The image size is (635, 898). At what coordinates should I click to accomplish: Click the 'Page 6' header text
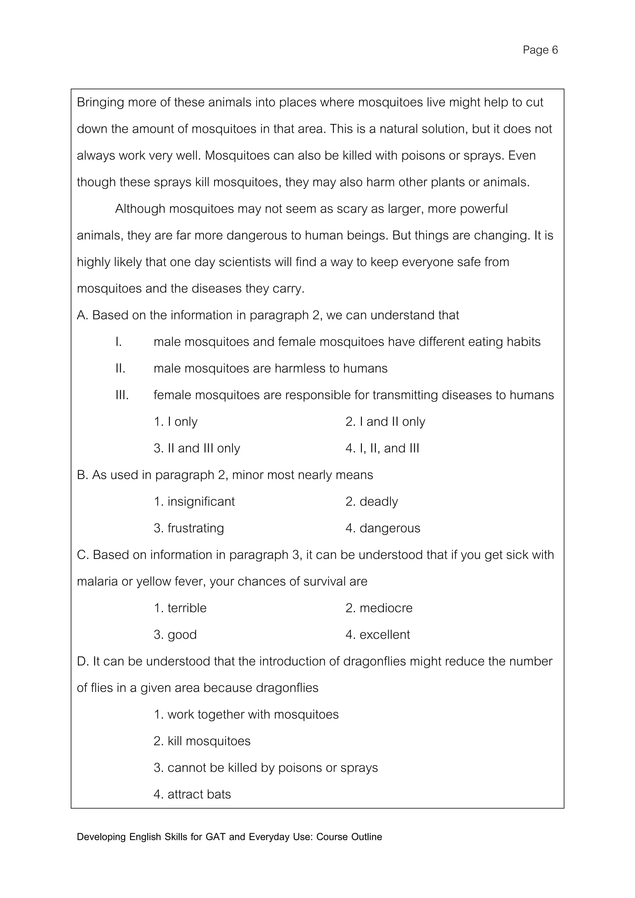[x=540, y=50]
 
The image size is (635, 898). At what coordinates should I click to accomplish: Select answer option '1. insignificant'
[x=194, y=501]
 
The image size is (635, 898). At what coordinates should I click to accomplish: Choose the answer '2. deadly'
[x=371, y=501]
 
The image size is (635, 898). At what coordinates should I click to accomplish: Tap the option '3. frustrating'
[x=189, y=528]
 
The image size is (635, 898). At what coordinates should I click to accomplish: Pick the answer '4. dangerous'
[x=383, y=528]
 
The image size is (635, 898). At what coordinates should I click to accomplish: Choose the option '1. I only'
[x=175, y=422]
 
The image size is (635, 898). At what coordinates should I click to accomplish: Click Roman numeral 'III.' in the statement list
[x=122, y=395]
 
